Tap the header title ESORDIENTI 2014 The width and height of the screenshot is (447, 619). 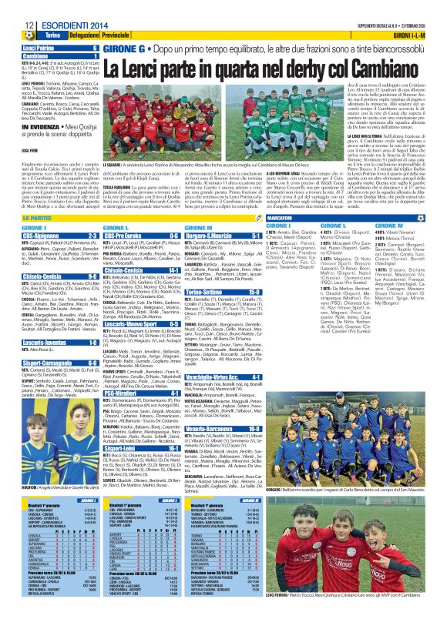pos(68,26)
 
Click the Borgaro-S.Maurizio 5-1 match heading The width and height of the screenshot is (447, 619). pos(222,236)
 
